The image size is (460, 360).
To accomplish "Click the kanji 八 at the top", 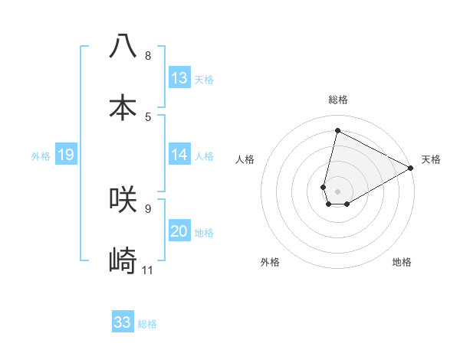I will [x=123, y=46].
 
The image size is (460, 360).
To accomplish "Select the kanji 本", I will [x=123, y=106].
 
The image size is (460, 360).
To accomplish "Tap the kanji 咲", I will [x=123, y=198].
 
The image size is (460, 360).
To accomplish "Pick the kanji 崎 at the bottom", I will [x=123, y=260].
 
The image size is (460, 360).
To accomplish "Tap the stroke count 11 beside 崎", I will [x=148, y=270].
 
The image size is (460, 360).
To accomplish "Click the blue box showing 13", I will [x=179, y=78].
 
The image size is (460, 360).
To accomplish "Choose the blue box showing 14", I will [x=179, y=155].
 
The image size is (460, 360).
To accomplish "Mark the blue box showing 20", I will [x=179, y=231].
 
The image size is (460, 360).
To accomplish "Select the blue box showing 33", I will [x=123, y=322].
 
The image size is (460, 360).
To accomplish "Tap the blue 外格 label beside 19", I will [x=41, y=156].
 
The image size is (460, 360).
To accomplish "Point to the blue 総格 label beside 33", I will [x=147, y=324].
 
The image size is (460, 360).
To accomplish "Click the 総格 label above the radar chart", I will [x=338, y=100].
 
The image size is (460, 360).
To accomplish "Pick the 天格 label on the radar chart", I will [x=431, y=159].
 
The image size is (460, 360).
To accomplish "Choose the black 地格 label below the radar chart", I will [x=402, y=262].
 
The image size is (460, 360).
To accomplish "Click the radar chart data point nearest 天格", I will [x=412, y=169].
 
